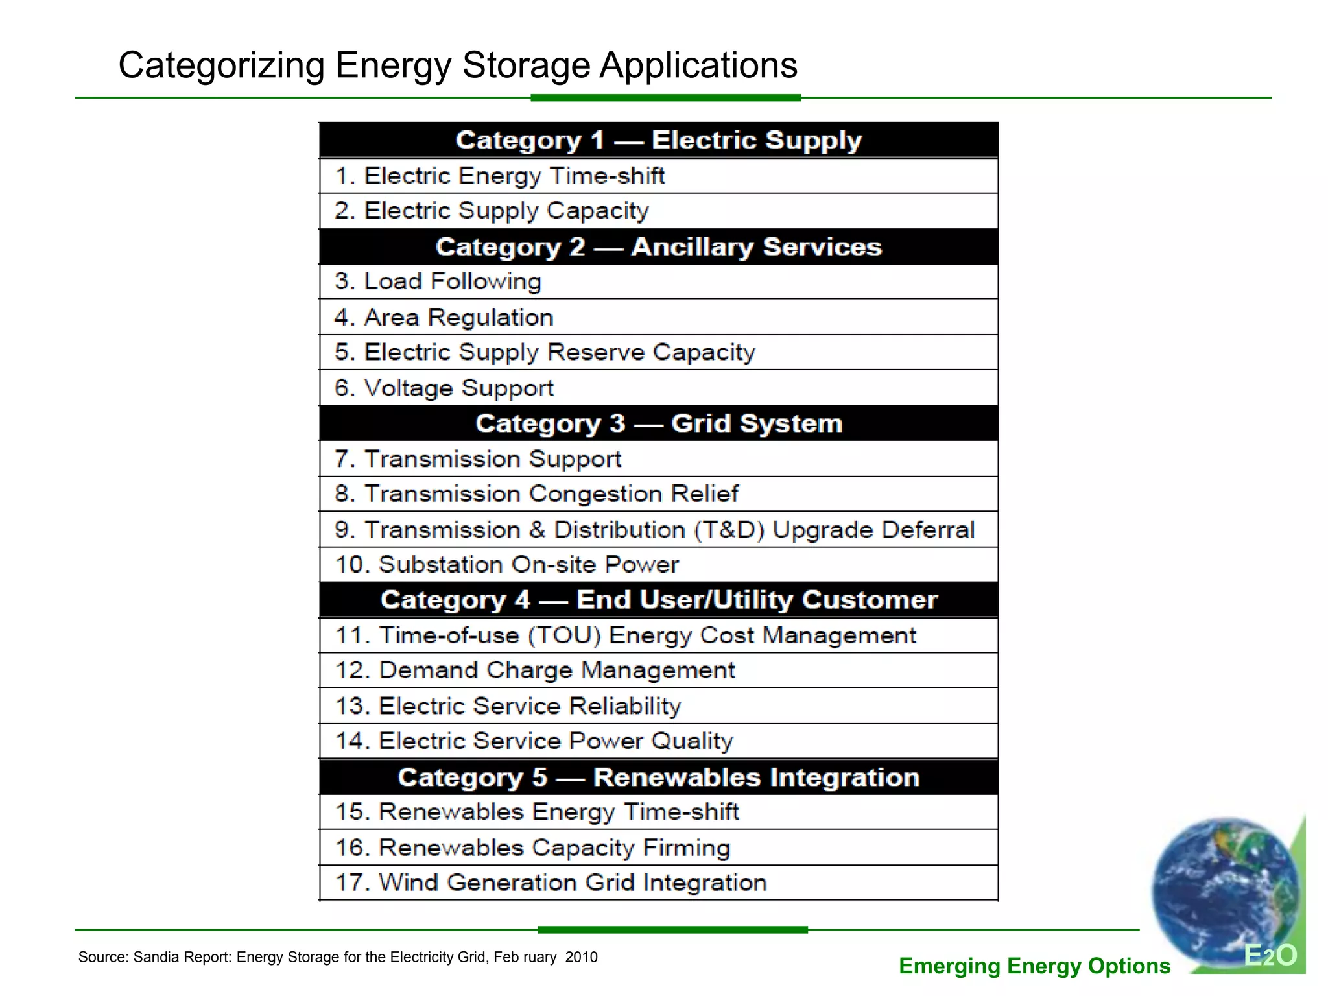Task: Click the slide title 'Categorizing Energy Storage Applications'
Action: click(457, 65)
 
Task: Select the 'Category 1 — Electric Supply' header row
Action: click(658, 141)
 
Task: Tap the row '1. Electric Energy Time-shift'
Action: click(499, 176)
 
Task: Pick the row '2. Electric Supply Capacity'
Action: click(492, 211)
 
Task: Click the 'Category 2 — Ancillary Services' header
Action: click(658, 247)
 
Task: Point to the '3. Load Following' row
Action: click(438, 281)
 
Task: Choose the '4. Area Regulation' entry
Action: click(444, 317)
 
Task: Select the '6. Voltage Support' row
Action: click(444, 388)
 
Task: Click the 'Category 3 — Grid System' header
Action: click(658, 423)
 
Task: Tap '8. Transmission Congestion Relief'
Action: click(536, 494)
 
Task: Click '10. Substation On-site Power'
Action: click(506, 565)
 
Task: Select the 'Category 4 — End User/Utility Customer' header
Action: click(658, 600)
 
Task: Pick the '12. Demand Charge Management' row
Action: click(535, 670)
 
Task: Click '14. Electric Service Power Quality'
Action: click(534, 741)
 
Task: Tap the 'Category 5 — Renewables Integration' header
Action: click(658, 777)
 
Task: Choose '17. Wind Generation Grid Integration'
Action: click(551, 883)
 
